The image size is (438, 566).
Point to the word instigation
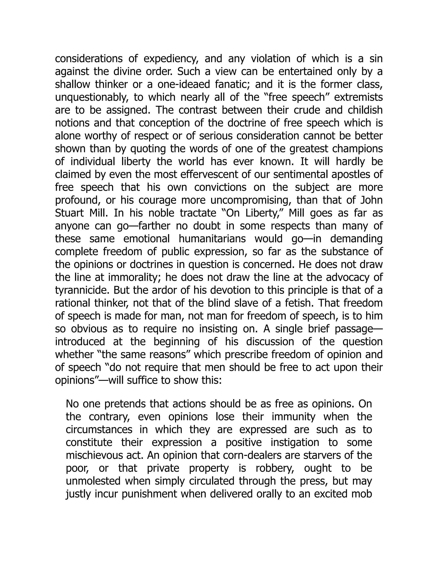pos(295,443)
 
